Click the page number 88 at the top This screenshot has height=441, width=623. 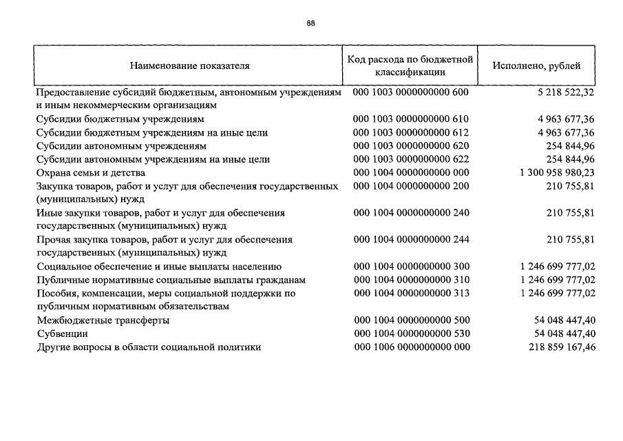(311, 23)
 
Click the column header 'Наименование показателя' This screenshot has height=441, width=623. (189, 66)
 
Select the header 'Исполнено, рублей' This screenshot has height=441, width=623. (536, 66)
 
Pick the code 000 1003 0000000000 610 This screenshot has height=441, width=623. (411, 119)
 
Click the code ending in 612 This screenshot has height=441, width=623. (411, 132)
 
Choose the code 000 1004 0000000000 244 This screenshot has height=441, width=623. (411, 239)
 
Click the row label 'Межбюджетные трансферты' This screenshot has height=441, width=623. (103, 320)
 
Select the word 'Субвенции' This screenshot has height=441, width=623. (63, 334)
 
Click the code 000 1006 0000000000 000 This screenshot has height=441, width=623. (411, 347)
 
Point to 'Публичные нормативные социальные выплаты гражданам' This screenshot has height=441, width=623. (171, 280)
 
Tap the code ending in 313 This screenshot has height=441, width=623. (411, 293)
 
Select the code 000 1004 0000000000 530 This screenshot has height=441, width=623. (411, 334)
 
